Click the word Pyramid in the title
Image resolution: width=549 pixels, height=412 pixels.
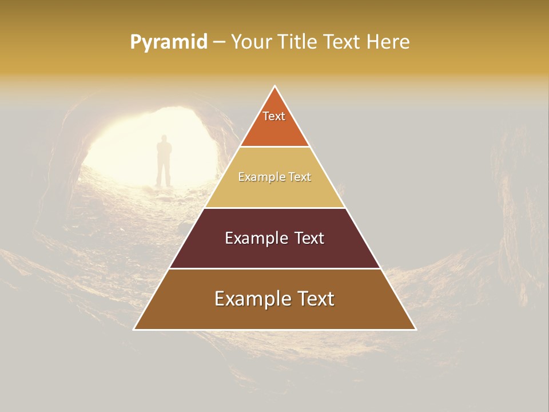169,42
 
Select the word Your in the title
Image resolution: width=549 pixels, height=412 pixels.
250,42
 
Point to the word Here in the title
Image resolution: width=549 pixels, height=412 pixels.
388,42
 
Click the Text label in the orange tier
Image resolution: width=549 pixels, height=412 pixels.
274,116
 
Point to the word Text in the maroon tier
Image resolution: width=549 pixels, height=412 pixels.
309,238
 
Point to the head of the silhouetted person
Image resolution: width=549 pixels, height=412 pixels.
164,138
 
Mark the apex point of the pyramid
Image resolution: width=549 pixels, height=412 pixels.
275,86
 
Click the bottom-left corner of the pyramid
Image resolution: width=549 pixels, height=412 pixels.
134,329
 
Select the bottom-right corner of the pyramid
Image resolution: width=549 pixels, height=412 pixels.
416,329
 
